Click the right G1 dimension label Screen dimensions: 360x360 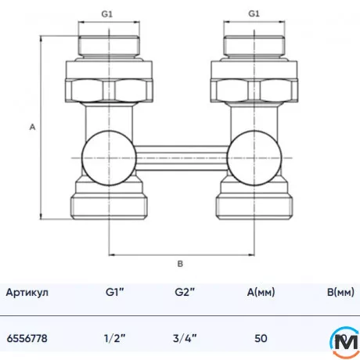253,14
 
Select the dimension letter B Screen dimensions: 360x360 180,264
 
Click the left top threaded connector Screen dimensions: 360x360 110,46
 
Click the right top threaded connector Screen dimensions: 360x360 253,46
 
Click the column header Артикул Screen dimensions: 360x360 27,293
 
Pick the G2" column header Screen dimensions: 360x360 185,293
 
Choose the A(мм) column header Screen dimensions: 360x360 261,293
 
